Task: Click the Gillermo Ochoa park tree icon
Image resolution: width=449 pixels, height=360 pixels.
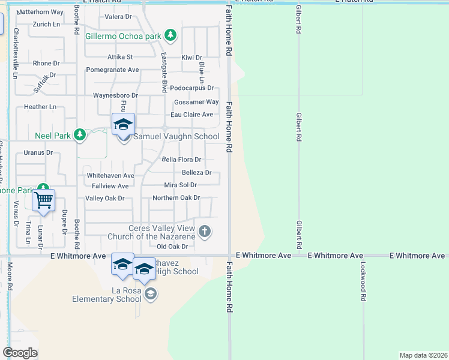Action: tap(171, 35)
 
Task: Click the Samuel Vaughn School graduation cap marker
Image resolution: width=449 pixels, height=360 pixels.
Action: tap(123, 125)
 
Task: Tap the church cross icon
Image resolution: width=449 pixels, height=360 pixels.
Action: tap(205, 231)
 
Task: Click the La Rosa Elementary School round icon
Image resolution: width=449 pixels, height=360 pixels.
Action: tap(150, 293)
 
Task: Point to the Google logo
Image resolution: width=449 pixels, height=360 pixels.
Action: tap(20, 352)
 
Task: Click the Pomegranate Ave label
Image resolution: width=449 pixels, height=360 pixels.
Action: tap(113, 70)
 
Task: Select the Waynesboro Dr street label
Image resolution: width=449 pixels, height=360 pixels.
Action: tap(116, 95)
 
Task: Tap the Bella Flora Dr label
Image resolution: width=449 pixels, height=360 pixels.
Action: tap(182, 160)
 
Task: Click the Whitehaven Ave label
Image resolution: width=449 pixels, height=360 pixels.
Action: tap(110, 175)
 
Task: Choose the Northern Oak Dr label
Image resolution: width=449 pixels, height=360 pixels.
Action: tap(176, 197)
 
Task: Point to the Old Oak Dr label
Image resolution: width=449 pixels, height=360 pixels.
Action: tap(172, 247)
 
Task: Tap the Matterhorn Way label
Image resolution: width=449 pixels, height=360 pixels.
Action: tap(40, 12)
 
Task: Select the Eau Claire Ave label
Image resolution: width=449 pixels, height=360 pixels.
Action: tap(192, 115)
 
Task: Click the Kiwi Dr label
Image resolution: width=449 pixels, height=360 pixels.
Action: tap(192, 58)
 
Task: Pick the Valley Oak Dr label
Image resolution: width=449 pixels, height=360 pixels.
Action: tap(105, 198)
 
